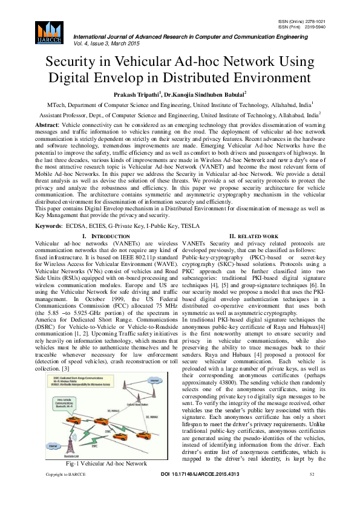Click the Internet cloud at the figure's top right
click(155, 364)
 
